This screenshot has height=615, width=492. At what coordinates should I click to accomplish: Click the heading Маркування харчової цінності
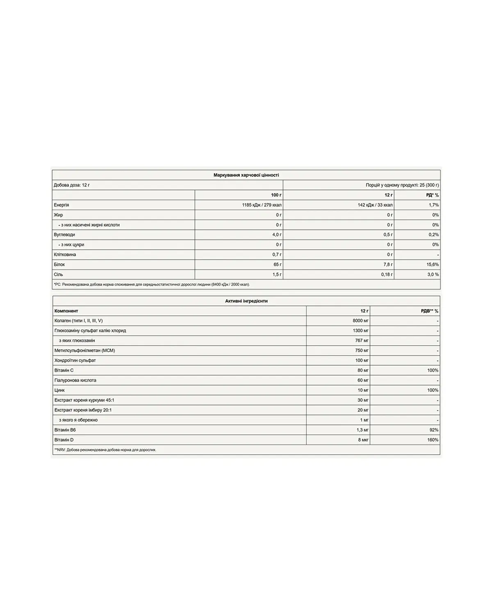point(246,175)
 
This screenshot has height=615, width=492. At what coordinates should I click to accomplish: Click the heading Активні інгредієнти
point(246,301)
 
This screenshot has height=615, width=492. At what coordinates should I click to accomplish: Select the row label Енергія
point(61,205)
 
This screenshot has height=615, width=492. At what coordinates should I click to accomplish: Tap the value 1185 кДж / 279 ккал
point(262,205)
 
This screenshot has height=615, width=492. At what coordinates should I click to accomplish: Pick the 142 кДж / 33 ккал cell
point(375,205)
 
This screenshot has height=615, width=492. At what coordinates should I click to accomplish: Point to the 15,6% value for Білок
point(433,264)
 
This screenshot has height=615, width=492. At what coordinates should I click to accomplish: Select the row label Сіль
point(58,274)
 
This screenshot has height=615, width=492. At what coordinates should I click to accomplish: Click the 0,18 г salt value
point(386,274)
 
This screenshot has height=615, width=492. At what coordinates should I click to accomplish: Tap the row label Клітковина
point(65,255)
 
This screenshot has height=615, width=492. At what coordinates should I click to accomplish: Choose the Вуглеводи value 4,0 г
point(277,235)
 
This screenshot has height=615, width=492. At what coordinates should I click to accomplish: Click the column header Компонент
point(66,311)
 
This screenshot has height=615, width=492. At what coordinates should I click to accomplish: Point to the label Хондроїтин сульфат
point(75,360)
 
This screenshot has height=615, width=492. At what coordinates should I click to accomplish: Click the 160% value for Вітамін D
point(433,440)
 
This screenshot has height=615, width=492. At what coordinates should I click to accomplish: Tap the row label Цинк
point(59,390)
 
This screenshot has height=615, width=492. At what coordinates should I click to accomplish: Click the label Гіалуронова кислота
point(75,380)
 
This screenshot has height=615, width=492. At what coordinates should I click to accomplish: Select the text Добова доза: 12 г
point(72,185)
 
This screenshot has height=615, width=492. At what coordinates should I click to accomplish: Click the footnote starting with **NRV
point(105,450)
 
